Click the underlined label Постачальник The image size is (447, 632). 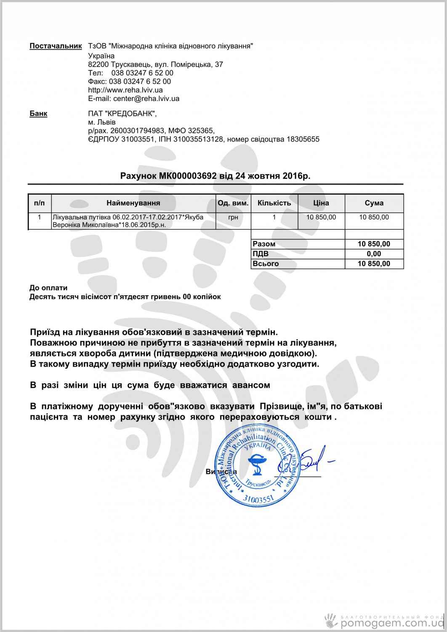(x=55, y=46)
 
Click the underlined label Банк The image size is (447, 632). (x=38, y=113)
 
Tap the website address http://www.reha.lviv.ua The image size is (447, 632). (x=125, y=90)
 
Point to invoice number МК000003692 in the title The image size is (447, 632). (x=188, y=176)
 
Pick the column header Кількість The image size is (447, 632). (x=274, y=203)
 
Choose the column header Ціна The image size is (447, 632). (x=321, y=203)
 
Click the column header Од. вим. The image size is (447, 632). (x=233, y=203)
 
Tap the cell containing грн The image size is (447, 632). (x=233, y=217)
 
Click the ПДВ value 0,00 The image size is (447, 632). (x=374, y=254)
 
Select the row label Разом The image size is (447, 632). (x=264, y=244)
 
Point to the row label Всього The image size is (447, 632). (x=266, y=264)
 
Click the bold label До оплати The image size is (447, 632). (x=48, y=288)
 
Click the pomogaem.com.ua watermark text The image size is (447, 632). (x=391, y=623)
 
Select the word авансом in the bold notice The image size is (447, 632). (x=248, y=385)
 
